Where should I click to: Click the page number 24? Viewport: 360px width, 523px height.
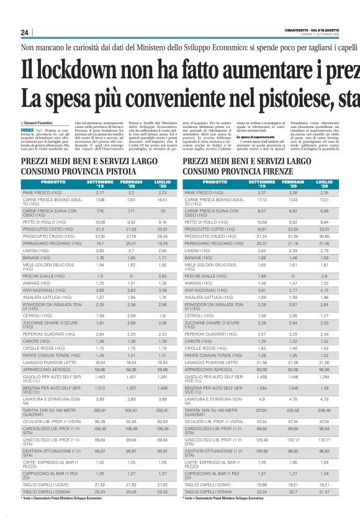(24, 33)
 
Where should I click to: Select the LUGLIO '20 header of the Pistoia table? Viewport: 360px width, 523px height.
(163, 184)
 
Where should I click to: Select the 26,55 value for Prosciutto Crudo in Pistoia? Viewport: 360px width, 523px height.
(163, 237)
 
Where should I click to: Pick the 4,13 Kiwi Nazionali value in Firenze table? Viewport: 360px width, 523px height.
(325, 289)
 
